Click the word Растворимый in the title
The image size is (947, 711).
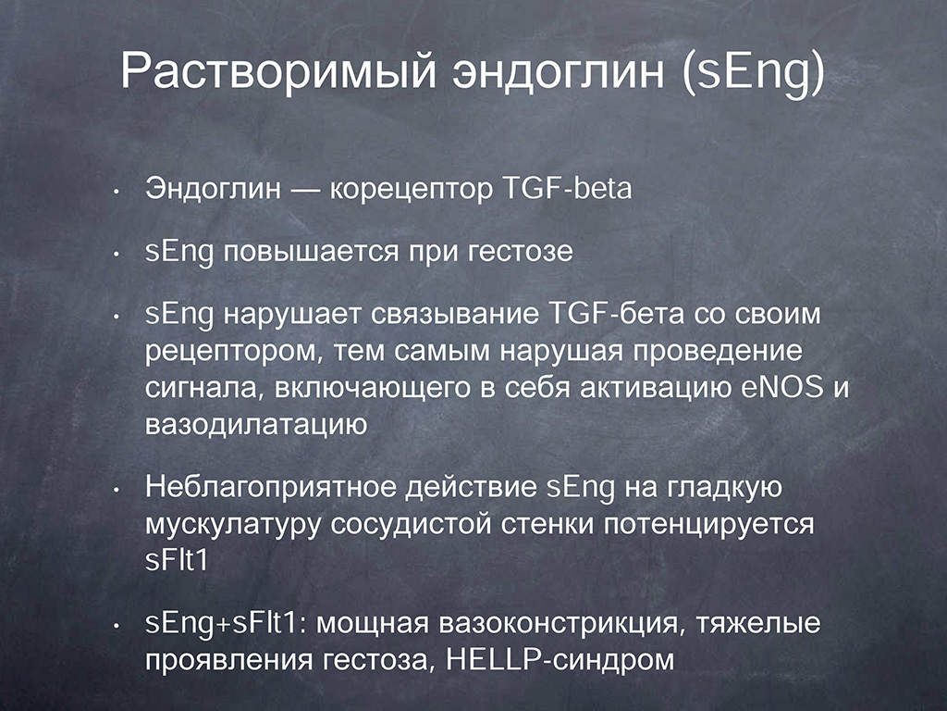pyautogui.click(x=277, y=72)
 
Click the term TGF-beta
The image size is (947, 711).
pyautogui.click(x=567, y=188)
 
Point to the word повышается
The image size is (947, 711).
pyautogui.click(x=311, y=252)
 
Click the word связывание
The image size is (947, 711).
pyautogui.click(x=454, y=315)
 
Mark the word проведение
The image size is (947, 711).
pyautogui.click(x=718, y=352)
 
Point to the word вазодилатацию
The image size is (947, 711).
pyautogui.click(x=256, y=425)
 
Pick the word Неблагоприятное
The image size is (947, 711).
pyautogui.click(x=270, y=488)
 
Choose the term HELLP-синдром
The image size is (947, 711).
pyautogui.click(x=560, y=659)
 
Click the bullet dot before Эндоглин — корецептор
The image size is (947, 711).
pyautogui.click(x=116, y=193)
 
